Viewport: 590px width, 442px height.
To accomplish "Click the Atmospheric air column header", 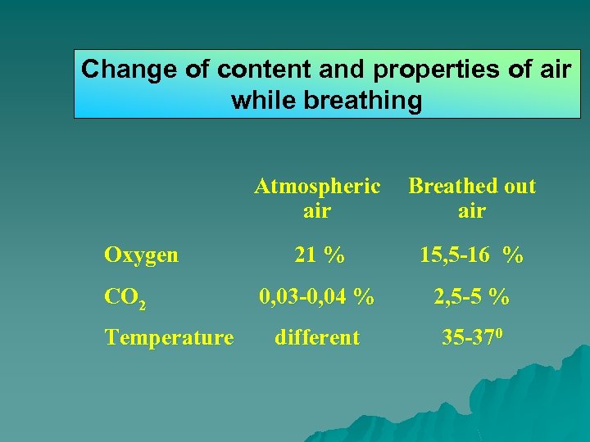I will pyautogui.click(x=316, y=198).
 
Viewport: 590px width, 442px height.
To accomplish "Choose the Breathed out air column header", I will pyautogui.click(x=472, y=198).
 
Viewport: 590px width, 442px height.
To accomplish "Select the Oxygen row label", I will pyautogui.click(x=141, y=255).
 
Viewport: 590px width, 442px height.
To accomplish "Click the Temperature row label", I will pyautogui.click(x=169, y=337).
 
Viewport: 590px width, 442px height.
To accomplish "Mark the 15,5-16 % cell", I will pyautogui.click(x=471, y=255).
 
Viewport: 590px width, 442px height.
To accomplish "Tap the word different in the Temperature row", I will pyautogui.click(x=316, y=337).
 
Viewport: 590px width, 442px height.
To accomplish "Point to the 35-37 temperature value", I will pyautogui.click(x=464, y=337).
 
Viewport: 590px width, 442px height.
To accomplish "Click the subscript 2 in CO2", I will pyautogui.click(x=142, y=304).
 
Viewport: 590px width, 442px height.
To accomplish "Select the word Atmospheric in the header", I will pyautogui.click(x=316, y=187).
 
